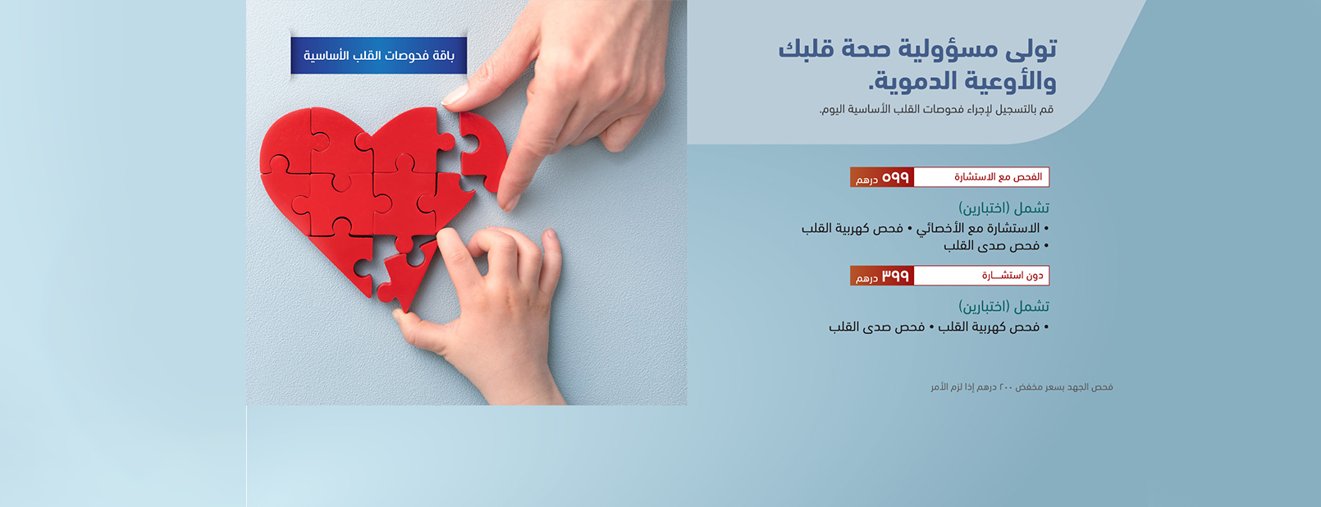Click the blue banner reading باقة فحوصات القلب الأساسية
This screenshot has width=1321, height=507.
point(378,56)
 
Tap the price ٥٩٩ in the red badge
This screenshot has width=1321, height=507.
point(895,177)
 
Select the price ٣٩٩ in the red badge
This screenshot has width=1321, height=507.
point(895,276)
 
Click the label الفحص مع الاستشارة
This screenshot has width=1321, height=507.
point(999,177)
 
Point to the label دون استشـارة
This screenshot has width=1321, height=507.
point(1012,276)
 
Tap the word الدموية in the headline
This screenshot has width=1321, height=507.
point(912,81)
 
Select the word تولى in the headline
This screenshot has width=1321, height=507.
point(1030,49)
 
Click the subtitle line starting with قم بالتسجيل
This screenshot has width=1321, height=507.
point(936,110)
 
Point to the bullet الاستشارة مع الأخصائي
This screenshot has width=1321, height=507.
point(978,229)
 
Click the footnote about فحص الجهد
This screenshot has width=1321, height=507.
point(1022,387)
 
